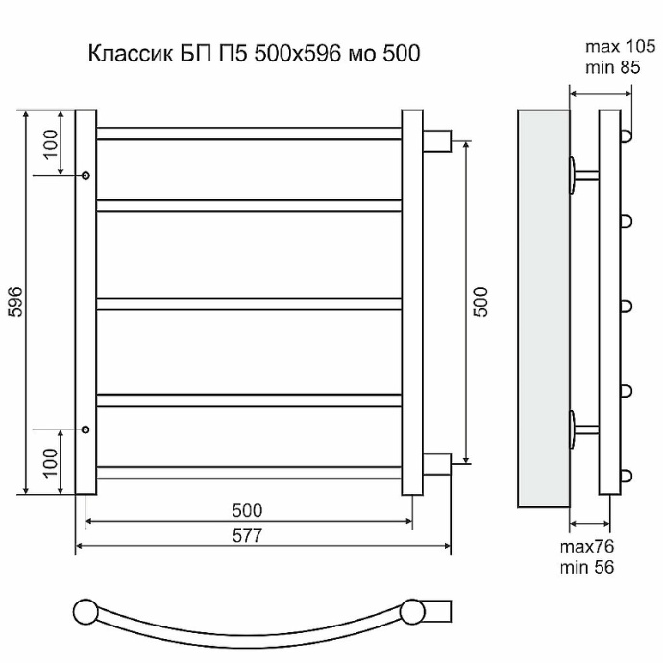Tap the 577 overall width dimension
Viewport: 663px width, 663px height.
(x=248, y=535)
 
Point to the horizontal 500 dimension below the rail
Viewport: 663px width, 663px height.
(x=248, y=510)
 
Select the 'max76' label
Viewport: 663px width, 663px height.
(x=588, y=547)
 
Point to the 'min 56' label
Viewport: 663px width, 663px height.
(x=588, y=566)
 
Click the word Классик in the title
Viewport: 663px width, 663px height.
(x=125, y=54)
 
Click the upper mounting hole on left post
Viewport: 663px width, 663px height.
(x=86, y=176)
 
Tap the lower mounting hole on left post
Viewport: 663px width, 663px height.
(x=86, y=430)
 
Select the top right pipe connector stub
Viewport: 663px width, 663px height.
(x=437, y=138)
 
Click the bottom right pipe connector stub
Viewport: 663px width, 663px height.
(x=437, y=464)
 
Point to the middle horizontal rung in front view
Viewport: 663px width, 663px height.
(x=249, y=304)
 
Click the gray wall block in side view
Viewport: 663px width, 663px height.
(x=543, y=307)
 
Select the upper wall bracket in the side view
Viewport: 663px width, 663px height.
(x=580, y=175)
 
